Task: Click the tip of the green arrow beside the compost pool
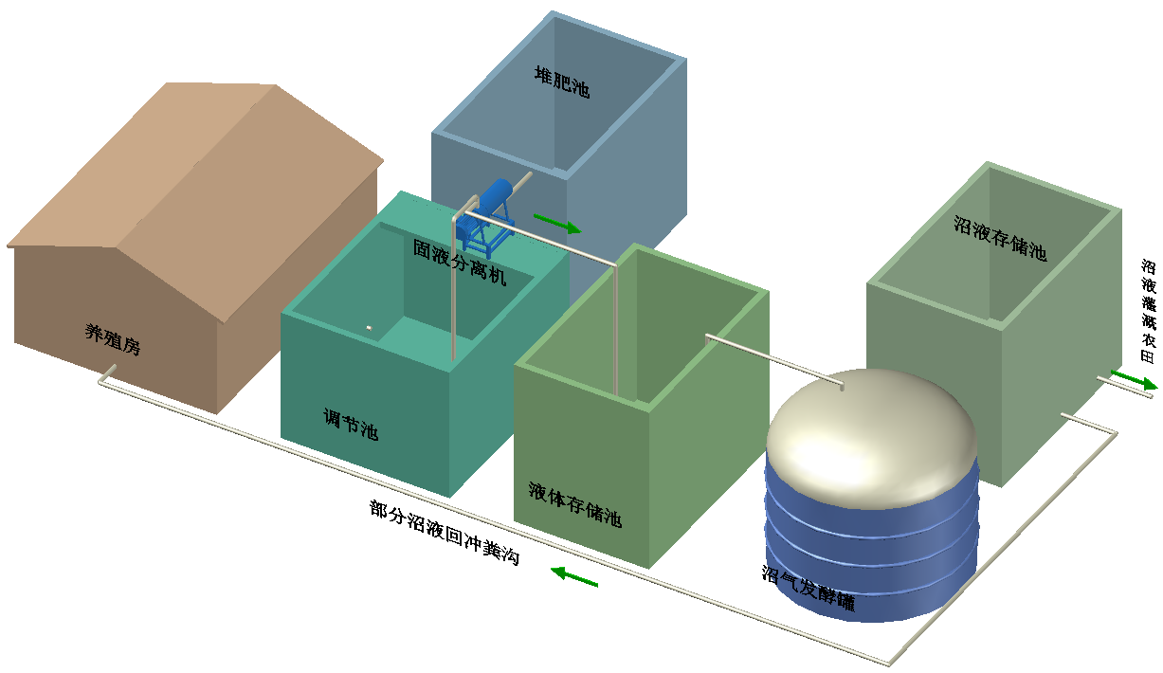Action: point(581,230)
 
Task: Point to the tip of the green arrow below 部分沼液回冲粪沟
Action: point(551,569)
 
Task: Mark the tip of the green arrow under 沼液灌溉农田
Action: point(1157,387)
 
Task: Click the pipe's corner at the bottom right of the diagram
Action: point(890,664)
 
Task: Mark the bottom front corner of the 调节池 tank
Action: point(449,497)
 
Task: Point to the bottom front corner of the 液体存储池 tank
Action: point(649,568)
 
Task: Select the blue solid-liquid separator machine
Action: point(485,218)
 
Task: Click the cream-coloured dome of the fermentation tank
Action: point(871,436)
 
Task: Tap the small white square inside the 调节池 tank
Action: point(369,328)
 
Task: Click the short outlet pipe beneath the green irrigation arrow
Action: point(1124,388)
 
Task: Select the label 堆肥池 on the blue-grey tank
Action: point(562,82)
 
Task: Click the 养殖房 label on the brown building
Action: point(113,339)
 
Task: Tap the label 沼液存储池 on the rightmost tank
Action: point(1000,238)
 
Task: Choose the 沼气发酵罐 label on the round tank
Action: point(809,588)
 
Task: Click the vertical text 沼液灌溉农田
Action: point(1149,311)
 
